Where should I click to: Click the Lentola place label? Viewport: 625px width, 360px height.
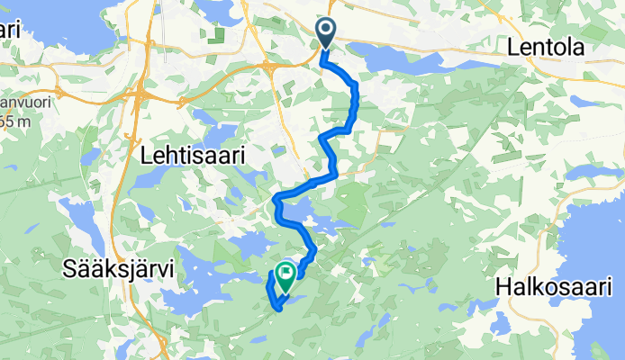pyautogui.click(x=547, y=47)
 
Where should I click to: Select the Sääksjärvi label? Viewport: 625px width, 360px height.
pyautogui.click(x=118, y=267)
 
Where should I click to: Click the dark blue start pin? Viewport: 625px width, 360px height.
pyautogui.click(x=326, y=33)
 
